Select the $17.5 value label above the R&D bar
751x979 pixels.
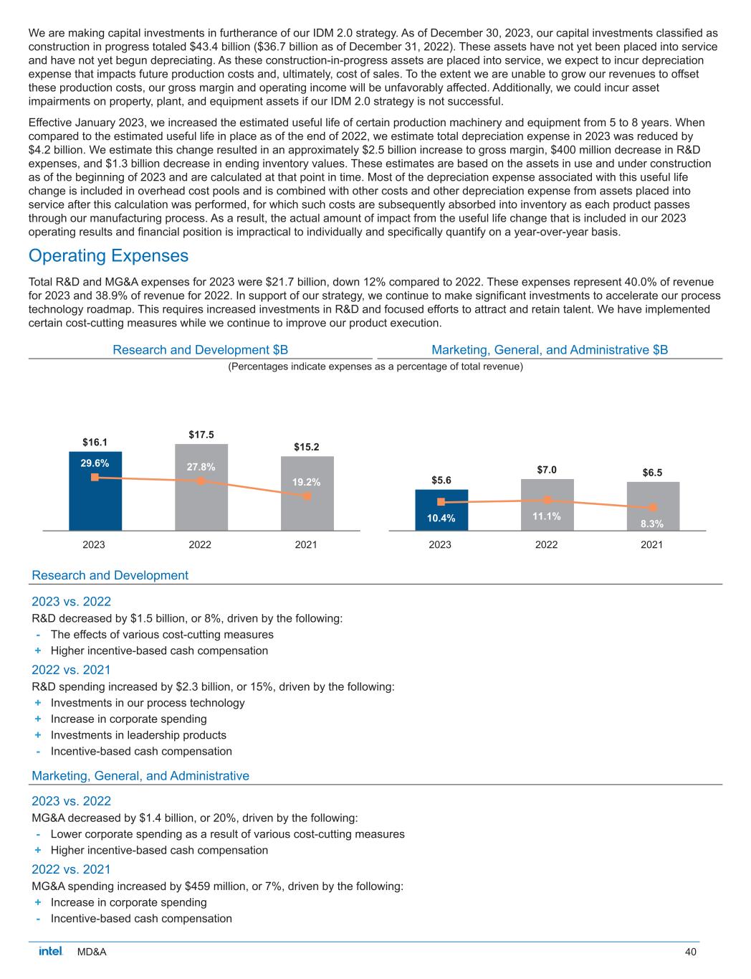click(x=201, y=435)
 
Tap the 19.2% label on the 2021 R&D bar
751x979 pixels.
click(x=307, y=482)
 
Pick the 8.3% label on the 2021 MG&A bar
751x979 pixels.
click(x=652, y=524)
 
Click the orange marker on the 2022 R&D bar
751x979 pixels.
click(x=201, y=481)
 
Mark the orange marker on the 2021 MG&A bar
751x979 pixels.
click(x=653, y=508)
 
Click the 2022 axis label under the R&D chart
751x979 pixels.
click(x=200, y=545)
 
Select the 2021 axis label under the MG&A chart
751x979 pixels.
click(x=651, y=545)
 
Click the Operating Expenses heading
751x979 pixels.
click(x=108, y=256)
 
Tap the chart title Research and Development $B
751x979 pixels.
click(x=201, y=350)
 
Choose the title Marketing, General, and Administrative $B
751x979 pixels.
click(x=550, y=350)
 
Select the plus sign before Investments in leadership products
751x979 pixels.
click(x=37, y=735)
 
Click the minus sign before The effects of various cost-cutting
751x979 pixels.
click(x=37, y=635)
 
